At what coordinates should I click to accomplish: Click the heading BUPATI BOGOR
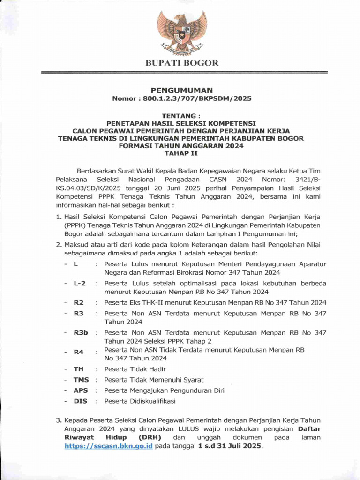[181, 63]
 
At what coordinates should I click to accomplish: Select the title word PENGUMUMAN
[181, 90]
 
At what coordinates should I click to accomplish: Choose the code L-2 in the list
[79, 284]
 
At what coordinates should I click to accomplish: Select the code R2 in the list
[78, 302]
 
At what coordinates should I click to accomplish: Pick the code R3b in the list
[80, 332]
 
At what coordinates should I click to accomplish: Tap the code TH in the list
[78, 369]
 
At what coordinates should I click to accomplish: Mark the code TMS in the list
[81, 380]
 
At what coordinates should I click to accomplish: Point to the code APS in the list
[80, 390]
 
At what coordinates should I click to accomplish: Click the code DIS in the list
[80, 401]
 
